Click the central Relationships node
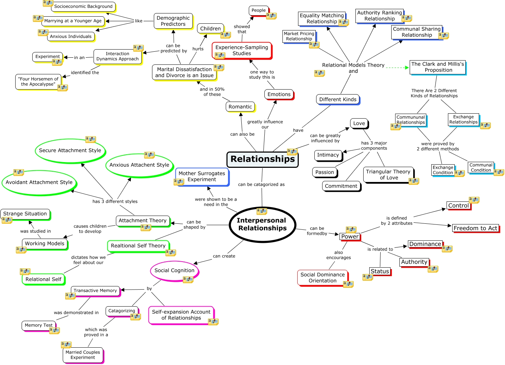(x=262, y=159)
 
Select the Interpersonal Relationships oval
(x=262, y=224)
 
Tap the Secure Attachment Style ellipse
(x=70, y=150)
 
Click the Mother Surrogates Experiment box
(x=202, y=176)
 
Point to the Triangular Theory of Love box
(x=388, y=175)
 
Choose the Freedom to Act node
(x=475, y=228)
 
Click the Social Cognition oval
(x=174, y=270)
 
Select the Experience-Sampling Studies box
(x=242, y=50)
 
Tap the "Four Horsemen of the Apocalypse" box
(x=38, y=81)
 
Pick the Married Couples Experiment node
(x=83, y=355)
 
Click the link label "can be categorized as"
(x=261, y=184)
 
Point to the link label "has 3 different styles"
(x=115, y=201)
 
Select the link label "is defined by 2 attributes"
(x=397, y=221)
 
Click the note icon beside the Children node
(x=225, y=35)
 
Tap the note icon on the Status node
(x=367, y=277)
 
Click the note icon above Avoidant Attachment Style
(x=18, y=172)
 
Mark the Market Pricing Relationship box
(x=299, y=36)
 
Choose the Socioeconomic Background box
(x=83, y=6)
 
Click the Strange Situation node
(x=25, y=214)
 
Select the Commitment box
(x=341, y=186)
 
